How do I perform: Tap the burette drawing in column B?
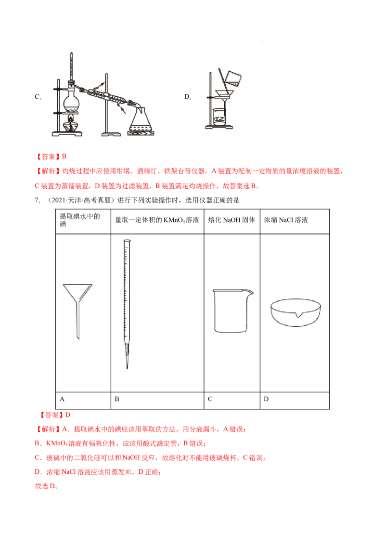(x=127, y=304)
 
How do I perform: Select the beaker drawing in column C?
(x=232, y=311)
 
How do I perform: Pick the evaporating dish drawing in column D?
(x=295, y=312)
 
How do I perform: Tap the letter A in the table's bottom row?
(x=62, y=399)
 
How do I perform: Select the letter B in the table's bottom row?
(x=117, y=399)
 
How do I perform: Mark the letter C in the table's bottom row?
(x=210, y=399)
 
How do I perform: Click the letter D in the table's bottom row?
(x=266, y=399)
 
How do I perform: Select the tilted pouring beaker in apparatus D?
(x=233, y=79)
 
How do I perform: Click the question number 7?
(x=38, y=200)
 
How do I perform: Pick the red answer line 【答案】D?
(x=54, y=415)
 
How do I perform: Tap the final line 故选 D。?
(x=47, y=486)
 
